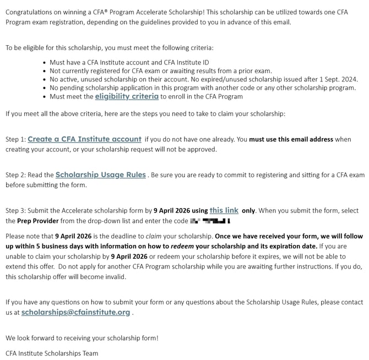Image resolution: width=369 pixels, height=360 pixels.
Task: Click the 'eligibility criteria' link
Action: (127, 96)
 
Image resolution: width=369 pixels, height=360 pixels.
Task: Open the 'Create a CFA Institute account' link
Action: (84, 139)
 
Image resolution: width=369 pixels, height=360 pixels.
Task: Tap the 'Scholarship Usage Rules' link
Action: (101, 174)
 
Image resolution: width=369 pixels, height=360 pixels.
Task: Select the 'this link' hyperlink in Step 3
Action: (224, 210)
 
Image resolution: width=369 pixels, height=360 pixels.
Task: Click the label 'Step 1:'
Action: (15, 140)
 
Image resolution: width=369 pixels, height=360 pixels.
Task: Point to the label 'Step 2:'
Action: (15, 175)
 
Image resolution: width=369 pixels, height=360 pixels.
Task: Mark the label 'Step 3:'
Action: (15, 211)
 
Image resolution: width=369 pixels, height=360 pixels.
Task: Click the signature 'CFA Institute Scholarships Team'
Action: (52, 353)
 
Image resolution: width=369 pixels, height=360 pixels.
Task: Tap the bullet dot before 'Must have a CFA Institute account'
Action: (44, 63)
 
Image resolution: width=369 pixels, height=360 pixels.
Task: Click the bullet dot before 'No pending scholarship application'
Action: (44, 88)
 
